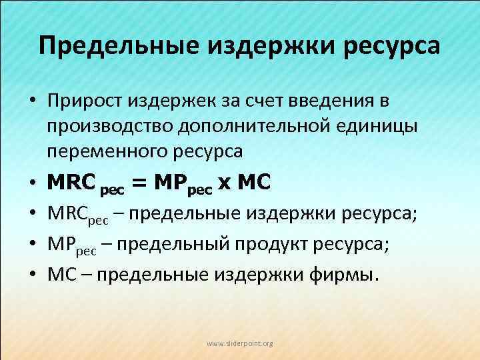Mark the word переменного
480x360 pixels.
pos(98,152)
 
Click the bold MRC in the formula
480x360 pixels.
pos(71,182)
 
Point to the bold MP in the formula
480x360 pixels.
pos(169,182)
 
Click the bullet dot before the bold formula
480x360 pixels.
pos(32,183)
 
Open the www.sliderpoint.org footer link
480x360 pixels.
pos(240,343)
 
